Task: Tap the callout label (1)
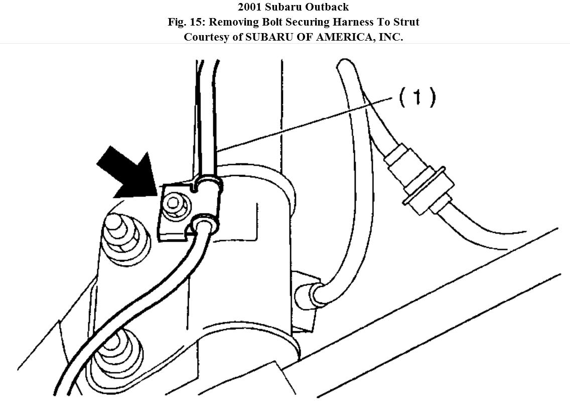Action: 417,97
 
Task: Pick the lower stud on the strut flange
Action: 114,346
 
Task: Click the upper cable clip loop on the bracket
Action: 208,183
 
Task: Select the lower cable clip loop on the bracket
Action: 203,223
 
